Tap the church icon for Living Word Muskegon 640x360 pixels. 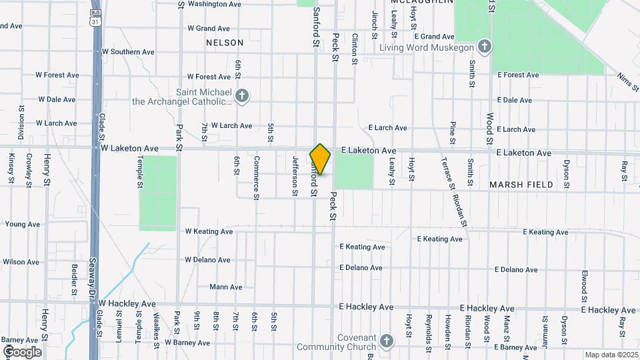(485, 47)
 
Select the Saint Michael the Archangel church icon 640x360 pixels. (241, 97)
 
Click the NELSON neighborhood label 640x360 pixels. (225, 43)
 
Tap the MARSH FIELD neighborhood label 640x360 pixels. (521, 185)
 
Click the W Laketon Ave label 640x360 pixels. (130, 149)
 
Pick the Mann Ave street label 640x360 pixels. (226, 287)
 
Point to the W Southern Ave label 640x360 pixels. (128, 52)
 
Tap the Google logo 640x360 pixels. (22, 352)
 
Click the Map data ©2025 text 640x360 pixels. (611, 355)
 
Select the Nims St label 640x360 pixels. (627, 85)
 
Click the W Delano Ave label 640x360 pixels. (207, 260)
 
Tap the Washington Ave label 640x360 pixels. (214, 4)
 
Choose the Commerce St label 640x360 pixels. (256, 177)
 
